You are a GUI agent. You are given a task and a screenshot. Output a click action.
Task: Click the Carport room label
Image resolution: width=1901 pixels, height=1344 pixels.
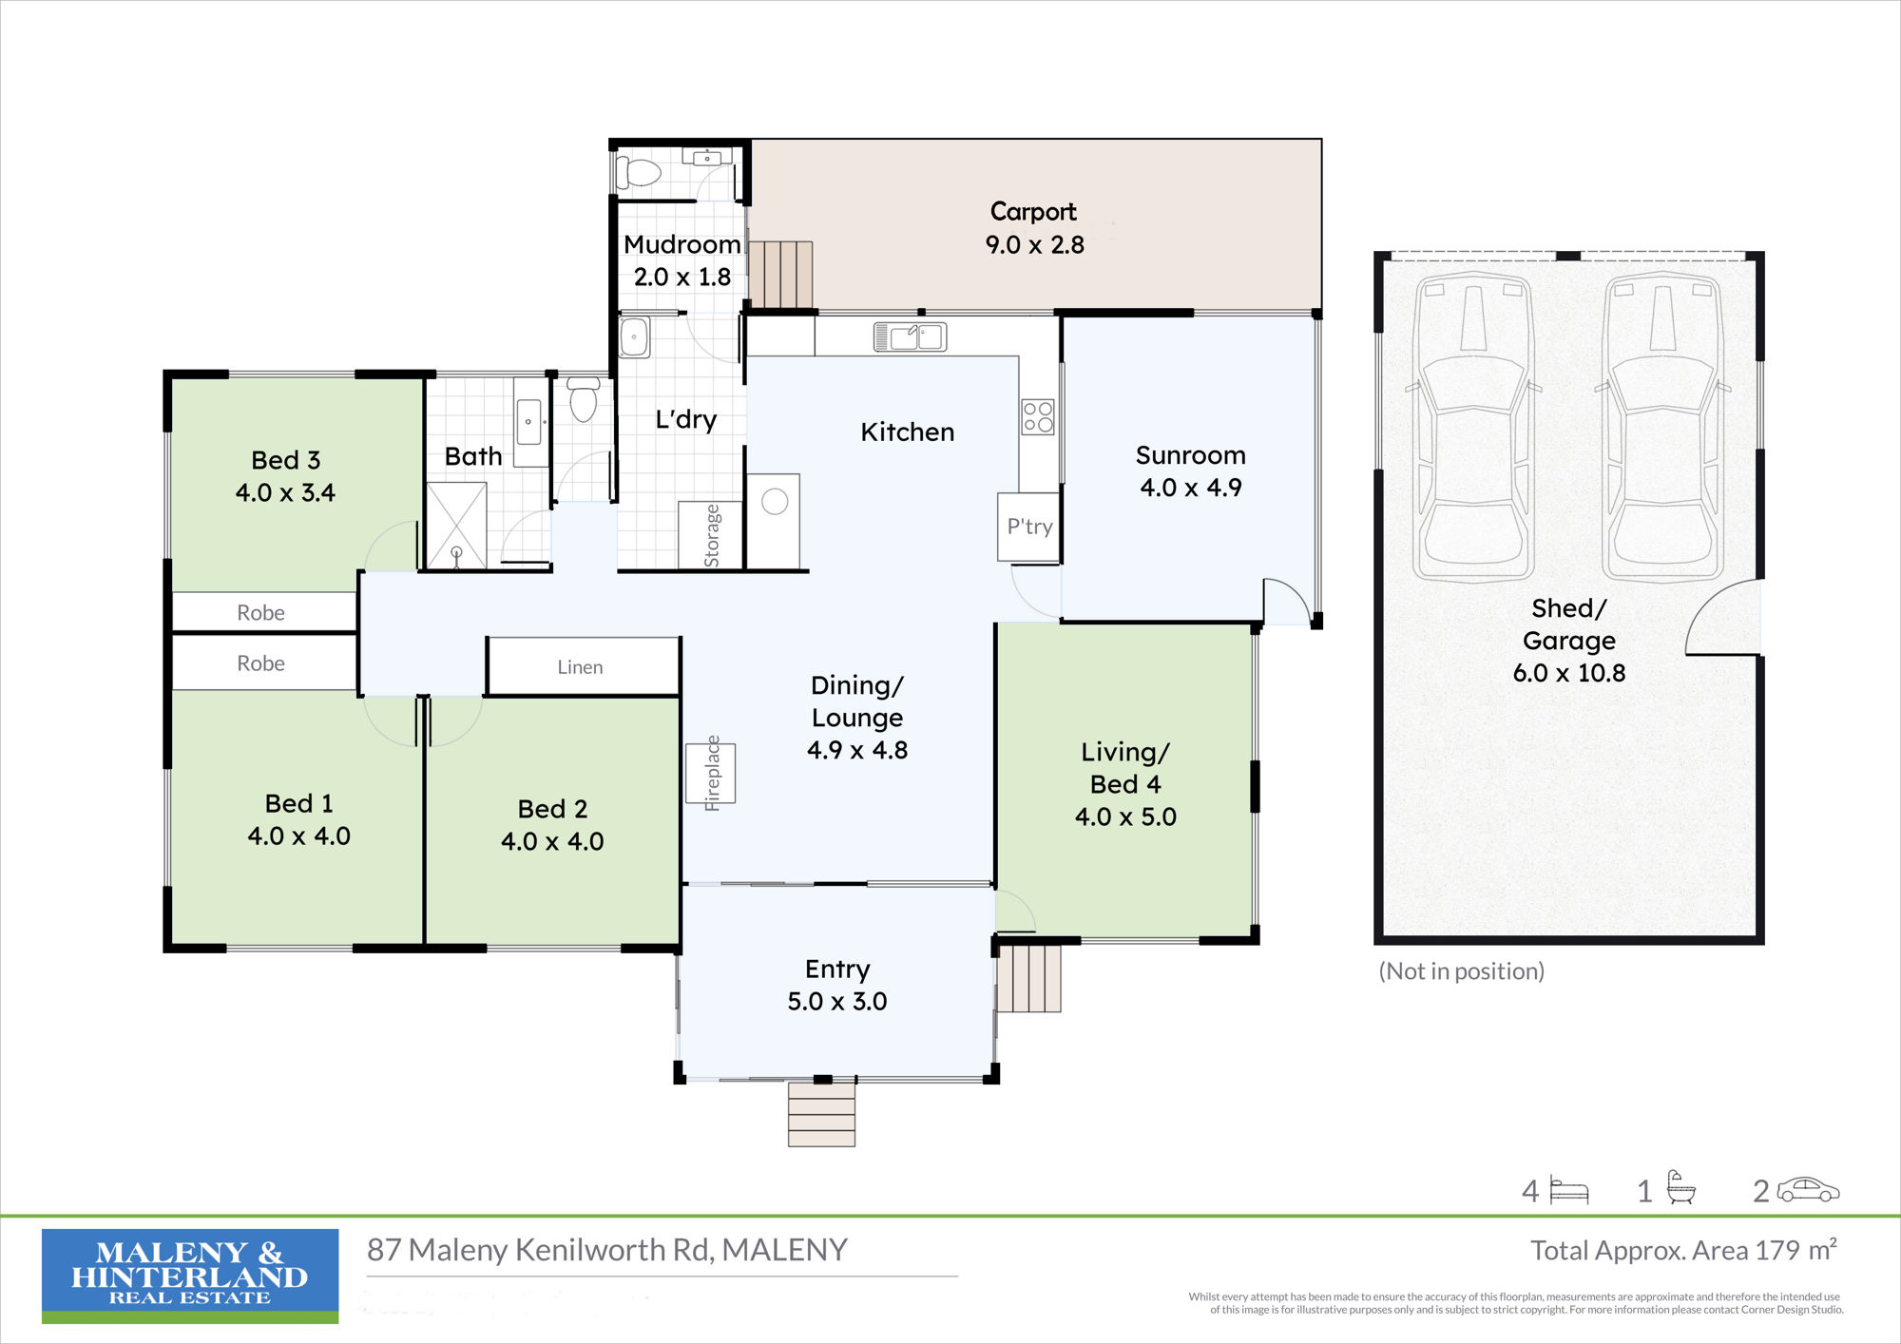click(x=1033, y=211)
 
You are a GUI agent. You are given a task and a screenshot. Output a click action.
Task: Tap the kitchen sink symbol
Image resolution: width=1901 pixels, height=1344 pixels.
click(x=910, y=336)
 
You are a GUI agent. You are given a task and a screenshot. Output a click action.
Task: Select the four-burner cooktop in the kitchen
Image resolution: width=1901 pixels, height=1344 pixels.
click(x=1038, y=416)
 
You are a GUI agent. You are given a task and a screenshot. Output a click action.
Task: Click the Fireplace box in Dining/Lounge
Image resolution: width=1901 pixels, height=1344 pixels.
click(x=711, y=773)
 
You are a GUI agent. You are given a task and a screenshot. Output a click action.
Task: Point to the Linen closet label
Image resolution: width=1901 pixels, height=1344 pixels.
click(x=580, y=667)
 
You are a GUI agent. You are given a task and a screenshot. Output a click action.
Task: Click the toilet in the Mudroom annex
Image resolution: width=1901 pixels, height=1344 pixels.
click(x=638, y=172)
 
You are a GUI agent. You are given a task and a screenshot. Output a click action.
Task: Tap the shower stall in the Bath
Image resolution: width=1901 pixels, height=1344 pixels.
click(x=456, y=526)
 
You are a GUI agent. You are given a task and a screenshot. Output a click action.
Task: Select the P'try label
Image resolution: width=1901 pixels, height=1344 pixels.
click(x=1029, y=527)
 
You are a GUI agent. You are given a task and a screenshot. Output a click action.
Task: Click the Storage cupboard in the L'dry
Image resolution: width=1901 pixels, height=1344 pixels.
click(x=710, y=535)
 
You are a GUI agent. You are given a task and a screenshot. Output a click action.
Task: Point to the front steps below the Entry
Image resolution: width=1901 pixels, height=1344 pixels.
click(x=821, y=1114)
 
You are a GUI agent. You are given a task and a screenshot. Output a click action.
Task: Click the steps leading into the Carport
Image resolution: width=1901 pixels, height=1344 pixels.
click(x=781, y=275)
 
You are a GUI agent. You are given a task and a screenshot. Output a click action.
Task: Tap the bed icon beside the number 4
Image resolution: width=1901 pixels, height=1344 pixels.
click(x=1569, y=1191)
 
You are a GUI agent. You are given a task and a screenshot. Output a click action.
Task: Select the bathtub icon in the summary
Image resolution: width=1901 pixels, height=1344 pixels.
click(x=1680, y=1188)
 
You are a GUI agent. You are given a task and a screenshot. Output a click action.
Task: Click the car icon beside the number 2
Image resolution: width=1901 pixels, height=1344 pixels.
click(x=1809, y=1190)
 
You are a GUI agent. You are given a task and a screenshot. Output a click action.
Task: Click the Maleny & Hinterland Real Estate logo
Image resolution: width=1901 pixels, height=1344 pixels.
click(x=190, y=1276)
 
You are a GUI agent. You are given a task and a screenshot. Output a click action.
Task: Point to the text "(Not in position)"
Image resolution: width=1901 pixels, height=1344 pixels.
click(x=1462, y=971)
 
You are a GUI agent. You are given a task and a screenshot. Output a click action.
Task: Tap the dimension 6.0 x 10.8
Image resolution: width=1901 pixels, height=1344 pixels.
click(x=1569, y=673)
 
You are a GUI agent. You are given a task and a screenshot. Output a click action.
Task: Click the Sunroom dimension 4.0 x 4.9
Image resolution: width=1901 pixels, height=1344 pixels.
click(x=1191, y=488)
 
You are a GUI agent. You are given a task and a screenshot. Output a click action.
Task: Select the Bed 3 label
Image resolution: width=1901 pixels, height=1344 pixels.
click(x=286, y=460)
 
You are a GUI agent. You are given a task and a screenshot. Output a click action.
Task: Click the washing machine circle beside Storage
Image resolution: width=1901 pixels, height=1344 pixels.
click(x=775, y=501)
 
